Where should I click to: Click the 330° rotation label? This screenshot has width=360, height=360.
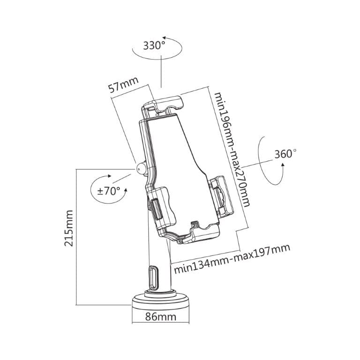[x=155, y=46]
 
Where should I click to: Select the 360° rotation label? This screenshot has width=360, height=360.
[x=286, y=154]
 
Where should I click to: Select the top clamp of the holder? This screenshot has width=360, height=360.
[x=166, y=104]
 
